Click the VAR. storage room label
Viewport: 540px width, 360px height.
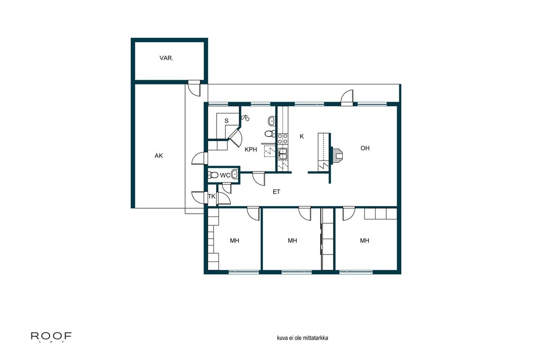(x=166, y=59)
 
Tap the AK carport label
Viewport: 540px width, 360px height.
(x=158, y=156)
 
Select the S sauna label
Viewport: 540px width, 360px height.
(x=226, y=121)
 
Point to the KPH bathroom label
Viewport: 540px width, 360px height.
(x=251, y=150)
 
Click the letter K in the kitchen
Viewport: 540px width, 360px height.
(x=302, y=136)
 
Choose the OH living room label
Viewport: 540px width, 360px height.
(x=365, y=148)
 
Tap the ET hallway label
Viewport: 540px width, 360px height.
(x=276, y=192)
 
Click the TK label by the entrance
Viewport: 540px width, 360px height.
(x=211, y=197)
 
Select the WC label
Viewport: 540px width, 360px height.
(x=225, y=175)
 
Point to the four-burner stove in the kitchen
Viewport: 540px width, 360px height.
(x=283, y=138)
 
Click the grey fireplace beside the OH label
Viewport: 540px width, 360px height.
(x=337, y=155)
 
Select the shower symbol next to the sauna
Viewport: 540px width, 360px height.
(x=245, y=118)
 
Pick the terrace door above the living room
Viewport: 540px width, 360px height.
(x=347, y=98)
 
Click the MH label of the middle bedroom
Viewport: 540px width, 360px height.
(x=292, y=240)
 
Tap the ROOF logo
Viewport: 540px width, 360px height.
(x=51, y=336)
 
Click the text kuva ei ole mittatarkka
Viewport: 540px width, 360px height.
(x=302, y=337)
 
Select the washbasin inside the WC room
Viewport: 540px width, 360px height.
(x=235, y=175)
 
